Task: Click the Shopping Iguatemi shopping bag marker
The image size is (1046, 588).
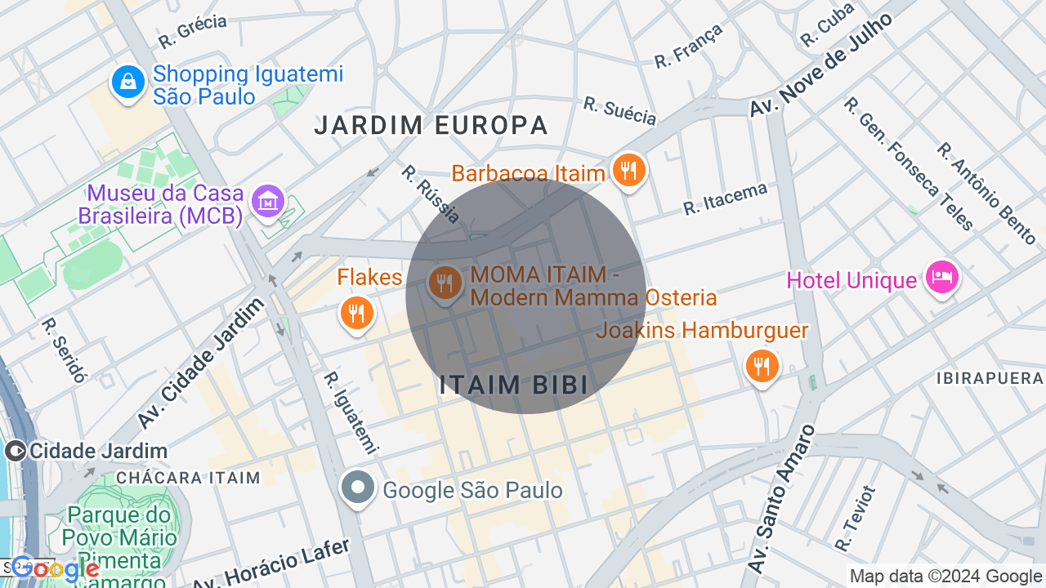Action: pyautogui.click(x=128, y=82)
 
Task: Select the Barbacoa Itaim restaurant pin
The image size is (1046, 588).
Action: pyautogui.click(x=628, y=170)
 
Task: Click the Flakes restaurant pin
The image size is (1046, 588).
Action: pyautogui.click(x=356, y=312)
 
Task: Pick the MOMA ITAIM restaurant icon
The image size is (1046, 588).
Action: pyautogui.click(x=445, y=283)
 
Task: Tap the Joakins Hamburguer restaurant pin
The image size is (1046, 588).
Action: pyautogui.click(x=762, y=366)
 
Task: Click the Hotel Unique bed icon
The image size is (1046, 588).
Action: pyautogui.click(x=941, y=278)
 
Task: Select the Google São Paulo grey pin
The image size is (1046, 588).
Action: pyautogui.click(x=357, y=488)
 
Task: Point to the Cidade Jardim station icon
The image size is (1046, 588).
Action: pyautogui.click(x=16, y=450)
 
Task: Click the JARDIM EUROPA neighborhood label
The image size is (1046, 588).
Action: pyautogui.click(x=431, y=125)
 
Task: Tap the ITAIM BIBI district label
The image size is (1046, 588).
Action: pyautogui.click(x=514, y=385)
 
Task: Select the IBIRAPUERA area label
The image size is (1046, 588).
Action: pyautogui.click(x=990, y=379)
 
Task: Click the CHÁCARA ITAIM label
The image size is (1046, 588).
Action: pyautogui.click(x=188, y=478)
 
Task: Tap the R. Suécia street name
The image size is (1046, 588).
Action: pyautogui.click(x=619, y=111)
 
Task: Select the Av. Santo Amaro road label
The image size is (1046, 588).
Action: pyautogui.click(x=782, y=498)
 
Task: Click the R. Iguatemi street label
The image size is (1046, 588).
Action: pyautogui.click(x=351, y=412)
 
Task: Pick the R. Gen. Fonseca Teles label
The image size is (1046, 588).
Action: pyautogui.click(x=909, y=163)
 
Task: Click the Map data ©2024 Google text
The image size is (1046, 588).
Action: pyautogui.click(x=945, y=577)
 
